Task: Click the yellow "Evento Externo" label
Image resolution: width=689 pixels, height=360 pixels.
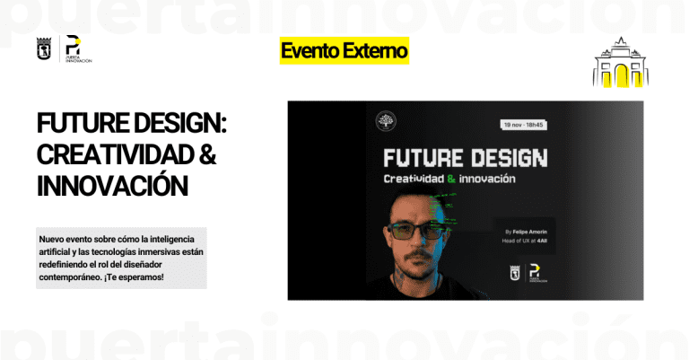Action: click(344, 51)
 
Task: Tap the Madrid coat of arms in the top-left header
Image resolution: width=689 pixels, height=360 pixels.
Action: click(43, 49)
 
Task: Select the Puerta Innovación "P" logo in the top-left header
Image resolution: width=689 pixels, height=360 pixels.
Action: click(74, 47)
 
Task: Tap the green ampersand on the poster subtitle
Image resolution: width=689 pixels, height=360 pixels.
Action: click(463, 180)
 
